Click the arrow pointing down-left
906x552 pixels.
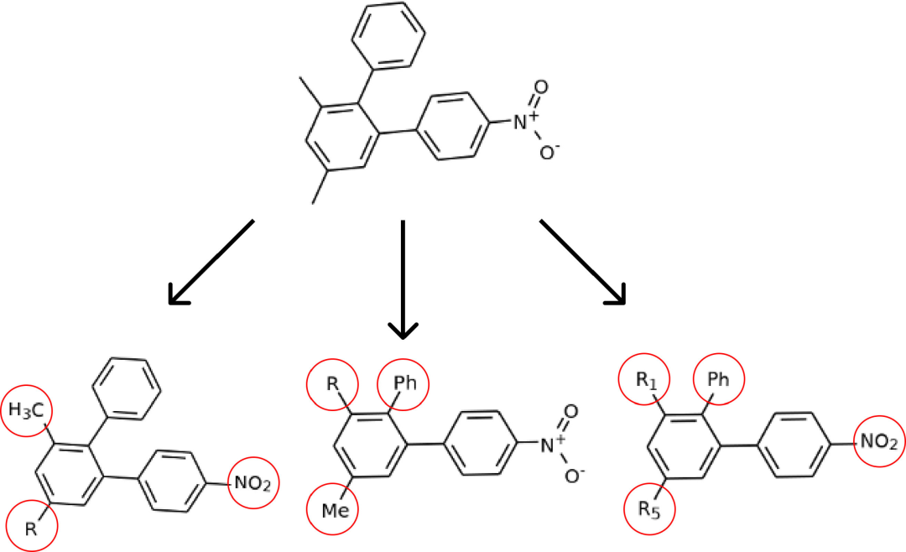(x=211, y=261)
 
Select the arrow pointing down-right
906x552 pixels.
(x=583, y=261)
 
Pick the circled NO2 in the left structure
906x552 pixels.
(x=253, y=483)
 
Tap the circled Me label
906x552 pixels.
(x=333, y=508)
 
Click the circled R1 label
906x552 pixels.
(x=644, y=382)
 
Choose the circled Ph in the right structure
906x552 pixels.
(x=717, y=382)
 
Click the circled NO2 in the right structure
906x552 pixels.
(x=879, y=442)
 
